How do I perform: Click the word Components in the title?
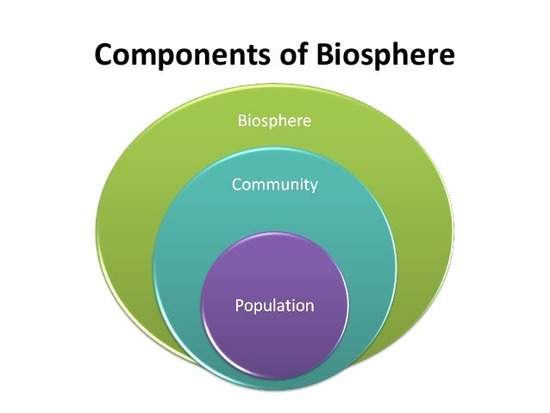(x=182, y=56)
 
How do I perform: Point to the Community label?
(x=274, y=185)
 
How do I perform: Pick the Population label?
(x=274, y=305)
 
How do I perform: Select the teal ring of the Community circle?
(x=362, y=259)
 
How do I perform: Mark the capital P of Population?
(x=240, y=305)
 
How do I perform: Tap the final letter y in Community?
(x=313, y=186)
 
